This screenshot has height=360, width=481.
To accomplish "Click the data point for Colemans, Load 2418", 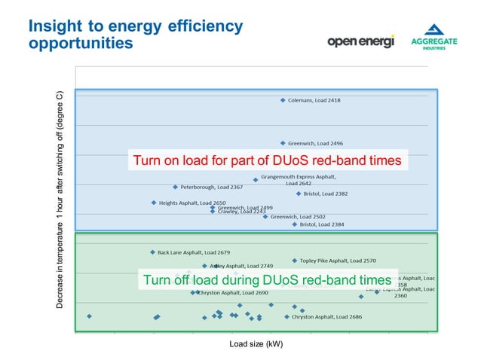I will (283, 100).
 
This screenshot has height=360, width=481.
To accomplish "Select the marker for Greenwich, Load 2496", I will (283, 143).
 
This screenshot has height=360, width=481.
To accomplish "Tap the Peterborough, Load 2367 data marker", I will (175, 187).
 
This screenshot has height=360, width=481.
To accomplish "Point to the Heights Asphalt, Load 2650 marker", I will (153, 203).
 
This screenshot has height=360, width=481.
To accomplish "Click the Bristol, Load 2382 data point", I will (298, 194).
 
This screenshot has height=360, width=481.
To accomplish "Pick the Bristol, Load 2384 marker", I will (295, 224).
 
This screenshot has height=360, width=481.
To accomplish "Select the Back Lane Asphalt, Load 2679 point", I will (152, 252).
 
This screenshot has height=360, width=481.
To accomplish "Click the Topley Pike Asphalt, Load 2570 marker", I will (295, 261).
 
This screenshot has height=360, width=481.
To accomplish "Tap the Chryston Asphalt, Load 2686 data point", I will (286, 317).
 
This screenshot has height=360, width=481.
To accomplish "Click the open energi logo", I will (360, 41).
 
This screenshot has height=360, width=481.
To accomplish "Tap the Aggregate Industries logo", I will (434, 41).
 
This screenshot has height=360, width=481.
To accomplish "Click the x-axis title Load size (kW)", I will (256, 344).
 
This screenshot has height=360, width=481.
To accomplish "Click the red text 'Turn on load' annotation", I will (267, 160).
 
